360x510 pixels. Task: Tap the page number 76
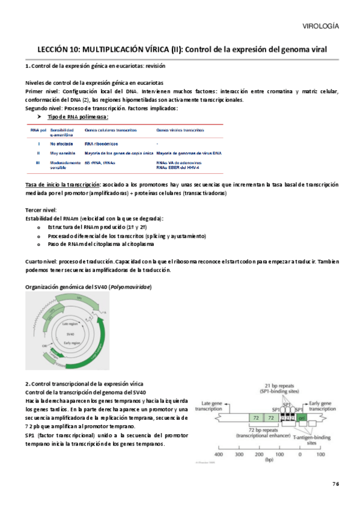pos(335,484)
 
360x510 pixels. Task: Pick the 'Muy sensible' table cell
pos(62,153)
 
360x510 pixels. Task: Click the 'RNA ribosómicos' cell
pos(101,144)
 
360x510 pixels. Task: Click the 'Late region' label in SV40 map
pos(72,323)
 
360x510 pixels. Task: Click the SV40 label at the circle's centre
pos(71,333)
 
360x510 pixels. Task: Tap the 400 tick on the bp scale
pos(219,454)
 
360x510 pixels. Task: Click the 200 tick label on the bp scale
pos(259,454)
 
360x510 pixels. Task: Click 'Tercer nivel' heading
pos(40,209)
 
